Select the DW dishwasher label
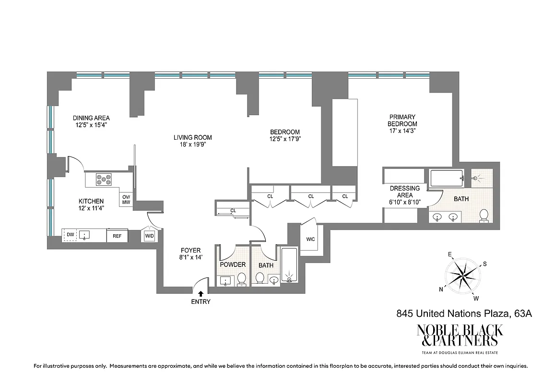click(70, 235)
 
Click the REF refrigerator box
click(117, 236)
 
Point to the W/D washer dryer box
click(149, 236)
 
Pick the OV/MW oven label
click(126, 199)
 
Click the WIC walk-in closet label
click(310, 239)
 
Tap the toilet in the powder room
click(241, 278)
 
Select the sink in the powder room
click(225, 280)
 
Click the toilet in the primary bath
click(484, 216)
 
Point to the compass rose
click(461, 275)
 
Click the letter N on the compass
click(441, 289)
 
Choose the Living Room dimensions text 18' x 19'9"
click(192, 144)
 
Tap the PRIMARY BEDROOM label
click(402, 120)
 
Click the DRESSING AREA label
click(404, 192)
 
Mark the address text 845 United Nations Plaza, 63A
click(464, 314)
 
